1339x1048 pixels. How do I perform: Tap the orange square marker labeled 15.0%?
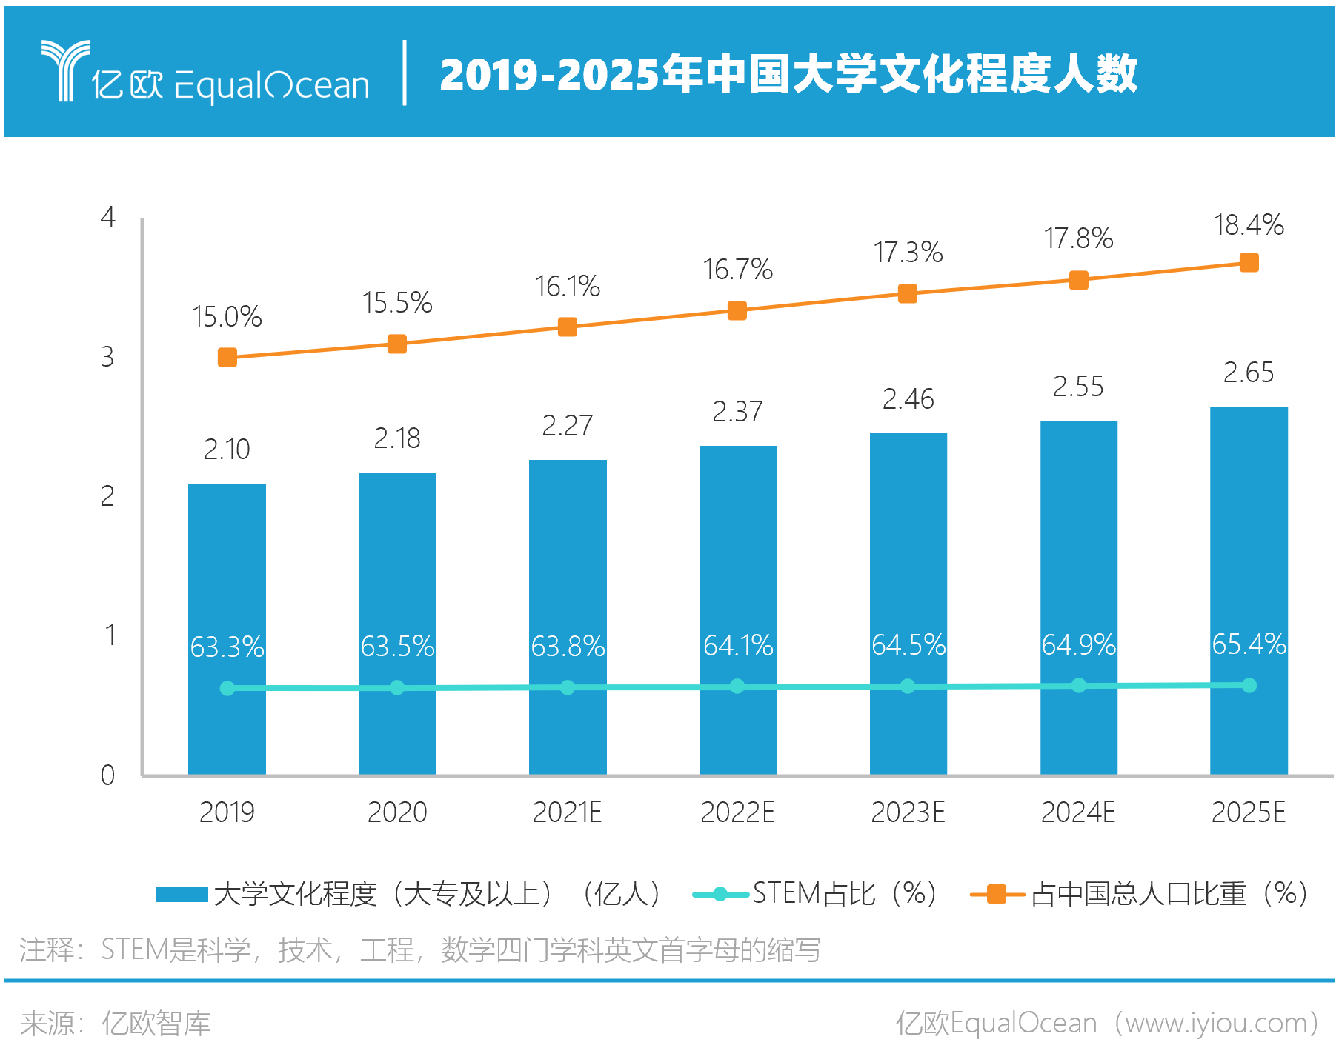[x=227, y=358]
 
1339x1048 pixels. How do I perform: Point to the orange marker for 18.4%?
[x=1249, y=263]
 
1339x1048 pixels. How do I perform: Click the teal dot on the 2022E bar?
[x=737, y=687]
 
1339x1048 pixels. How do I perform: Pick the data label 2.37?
[x=737, y=412]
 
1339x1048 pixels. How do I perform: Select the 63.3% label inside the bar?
[x=227, y=647]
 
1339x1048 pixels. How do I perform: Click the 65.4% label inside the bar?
[x=1249, y=644]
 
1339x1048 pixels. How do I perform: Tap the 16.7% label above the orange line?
[x=737, y=270]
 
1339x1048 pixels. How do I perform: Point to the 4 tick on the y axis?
[x=108, y=217]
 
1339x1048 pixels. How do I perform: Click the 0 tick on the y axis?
[x=108, y=775]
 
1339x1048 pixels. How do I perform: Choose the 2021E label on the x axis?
[x=567, y=812]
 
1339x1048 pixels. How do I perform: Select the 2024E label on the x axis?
[x=1078, y=812]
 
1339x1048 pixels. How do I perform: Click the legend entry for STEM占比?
[x=815, y=894]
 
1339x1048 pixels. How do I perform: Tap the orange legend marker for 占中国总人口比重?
[x=997, y=894]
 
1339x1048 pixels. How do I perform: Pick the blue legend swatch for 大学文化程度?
[x=182, y=894]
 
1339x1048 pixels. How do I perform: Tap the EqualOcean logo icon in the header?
[x=65, y=70]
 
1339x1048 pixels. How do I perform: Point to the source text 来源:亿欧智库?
[x=116, y=1024]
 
